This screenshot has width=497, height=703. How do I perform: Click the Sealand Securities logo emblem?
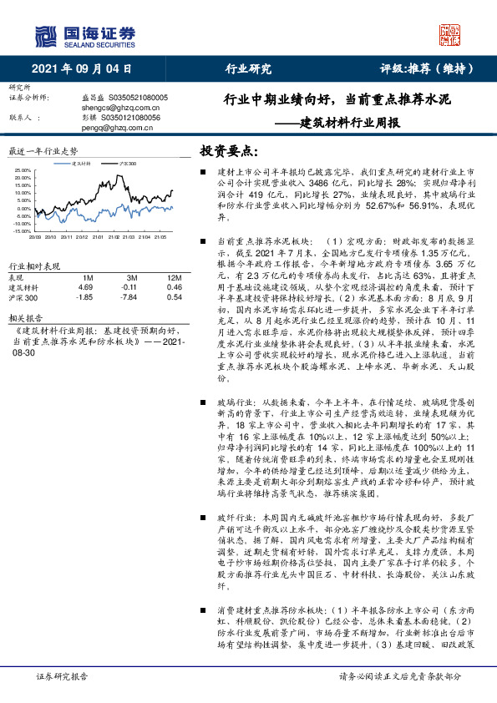[x=46, y=35]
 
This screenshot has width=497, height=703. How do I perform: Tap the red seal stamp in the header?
[x=450, y=34]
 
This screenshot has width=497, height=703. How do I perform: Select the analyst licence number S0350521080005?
[x=130, y=98]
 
